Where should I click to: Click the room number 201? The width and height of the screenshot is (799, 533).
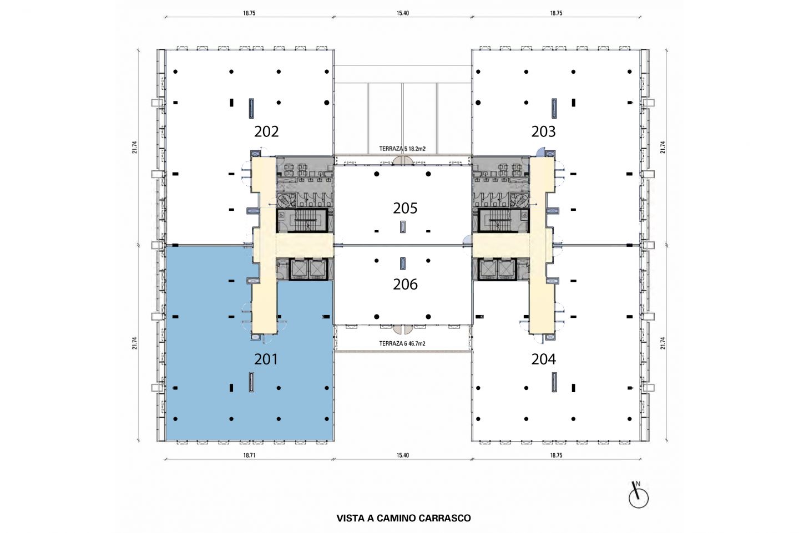pos(266,359)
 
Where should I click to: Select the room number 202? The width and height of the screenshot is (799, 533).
pos(266,131)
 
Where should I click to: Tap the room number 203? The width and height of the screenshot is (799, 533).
pos(543,131)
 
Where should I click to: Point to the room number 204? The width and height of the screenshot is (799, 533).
pos(543,359)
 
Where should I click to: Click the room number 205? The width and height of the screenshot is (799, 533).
pos(405,208)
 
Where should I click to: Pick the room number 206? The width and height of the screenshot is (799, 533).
pos(405,284)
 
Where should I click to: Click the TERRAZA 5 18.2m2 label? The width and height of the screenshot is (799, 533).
pos(402,149)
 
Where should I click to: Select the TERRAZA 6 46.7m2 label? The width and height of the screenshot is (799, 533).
pos(402,344)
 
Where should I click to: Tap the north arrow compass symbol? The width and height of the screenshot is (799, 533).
pos(638,496)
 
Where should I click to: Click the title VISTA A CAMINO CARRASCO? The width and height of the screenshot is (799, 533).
pos(403,518)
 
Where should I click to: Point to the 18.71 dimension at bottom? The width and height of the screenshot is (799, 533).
pos(249,455)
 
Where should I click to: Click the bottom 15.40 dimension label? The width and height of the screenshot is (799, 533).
pos(402,455)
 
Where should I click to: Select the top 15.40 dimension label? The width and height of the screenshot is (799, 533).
pos(402,13)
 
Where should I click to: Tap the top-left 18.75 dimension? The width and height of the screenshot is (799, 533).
pos(249,13)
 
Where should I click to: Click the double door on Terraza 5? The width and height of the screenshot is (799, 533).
pos(402,161)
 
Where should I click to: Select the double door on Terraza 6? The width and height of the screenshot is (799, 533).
pos(402,329)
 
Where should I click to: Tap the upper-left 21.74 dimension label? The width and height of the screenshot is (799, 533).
pos(134,148)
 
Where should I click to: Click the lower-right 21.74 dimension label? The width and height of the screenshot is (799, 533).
pos(663,343)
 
